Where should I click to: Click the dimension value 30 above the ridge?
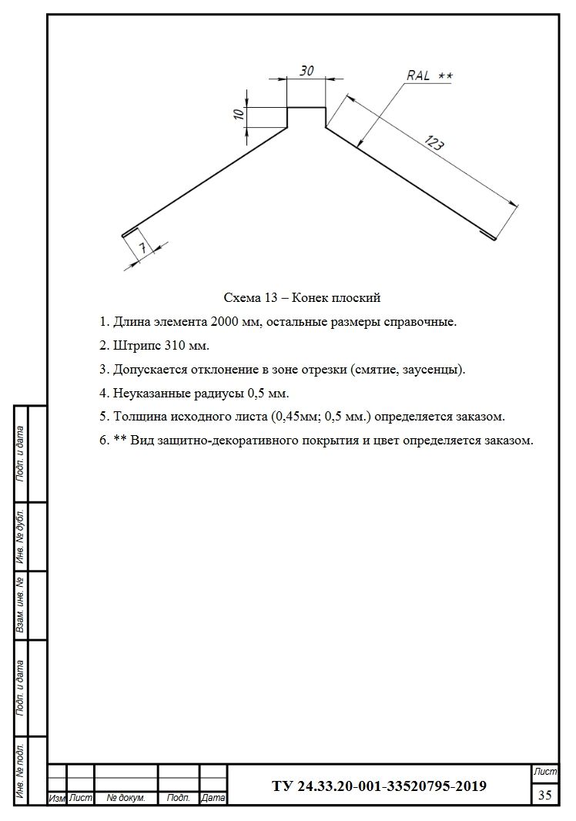[x=306, y=71]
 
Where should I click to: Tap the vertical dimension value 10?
[x=239, y=114]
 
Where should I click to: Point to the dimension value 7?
[x=142, y=247]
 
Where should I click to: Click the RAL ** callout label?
[x=430, y=75]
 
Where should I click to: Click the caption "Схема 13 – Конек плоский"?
[x=302, y=297]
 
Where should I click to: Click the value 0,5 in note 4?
[x=256, y=394]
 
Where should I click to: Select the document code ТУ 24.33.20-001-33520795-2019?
[x=379, y=786]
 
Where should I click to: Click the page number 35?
[x=544, y=795]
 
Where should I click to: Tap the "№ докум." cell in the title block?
[x=126, y=799]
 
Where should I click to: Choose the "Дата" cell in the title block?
[x=213, y=799]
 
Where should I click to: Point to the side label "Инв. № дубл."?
[x=22, y=536]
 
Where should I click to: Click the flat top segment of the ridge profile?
[x=306, y=108]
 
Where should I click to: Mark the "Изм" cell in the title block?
[x=57, y=799]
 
